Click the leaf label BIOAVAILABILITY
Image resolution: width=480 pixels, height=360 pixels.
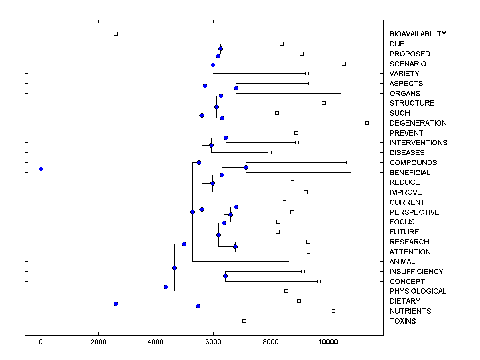point(418,34)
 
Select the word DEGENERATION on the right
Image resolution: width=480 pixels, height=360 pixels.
point(418,123)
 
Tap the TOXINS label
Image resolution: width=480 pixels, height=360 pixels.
point(402,321)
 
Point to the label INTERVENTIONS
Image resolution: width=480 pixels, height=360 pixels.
point(418,143)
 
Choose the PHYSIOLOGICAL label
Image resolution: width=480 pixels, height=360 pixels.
point(418,291)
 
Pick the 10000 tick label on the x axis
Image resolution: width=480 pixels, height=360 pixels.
point(328,342)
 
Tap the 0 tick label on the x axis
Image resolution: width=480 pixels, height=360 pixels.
point(41,342)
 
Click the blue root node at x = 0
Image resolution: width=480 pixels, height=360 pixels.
point(41,169)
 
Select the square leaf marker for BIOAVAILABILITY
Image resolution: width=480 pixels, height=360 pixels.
point(116,34)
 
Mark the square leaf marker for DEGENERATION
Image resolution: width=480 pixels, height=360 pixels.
point(367,123)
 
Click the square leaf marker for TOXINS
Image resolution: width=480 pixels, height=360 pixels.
point(244,321)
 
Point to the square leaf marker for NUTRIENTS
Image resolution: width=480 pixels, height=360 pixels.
point(333,311)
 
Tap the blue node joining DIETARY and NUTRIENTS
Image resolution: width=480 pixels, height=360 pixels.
point(198,306)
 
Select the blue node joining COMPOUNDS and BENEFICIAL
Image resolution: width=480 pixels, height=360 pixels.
point(246,167)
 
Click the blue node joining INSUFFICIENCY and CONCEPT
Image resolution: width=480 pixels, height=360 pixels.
point(225,276)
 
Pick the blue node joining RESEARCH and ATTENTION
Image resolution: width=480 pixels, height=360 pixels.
point(235,246)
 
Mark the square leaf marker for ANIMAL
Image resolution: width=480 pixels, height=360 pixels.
point(290,261)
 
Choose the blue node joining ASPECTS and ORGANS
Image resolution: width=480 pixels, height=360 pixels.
point(236,88)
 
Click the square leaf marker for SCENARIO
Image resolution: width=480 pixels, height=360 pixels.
point(344,64)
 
